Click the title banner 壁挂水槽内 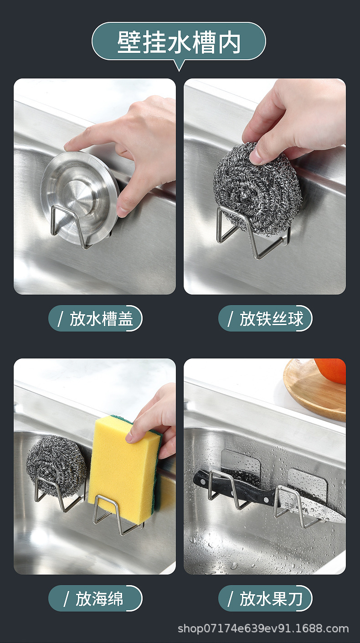[x=179, y=42]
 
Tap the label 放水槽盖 [x=95, y=318]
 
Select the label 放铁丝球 [x=265, y=318]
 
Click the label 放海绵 [x=95, y=598]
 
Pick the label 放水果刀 [x=265, y=598]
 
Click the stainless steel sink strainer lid [x=80, y=196]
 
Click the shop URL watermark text [x=263, y=629]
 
